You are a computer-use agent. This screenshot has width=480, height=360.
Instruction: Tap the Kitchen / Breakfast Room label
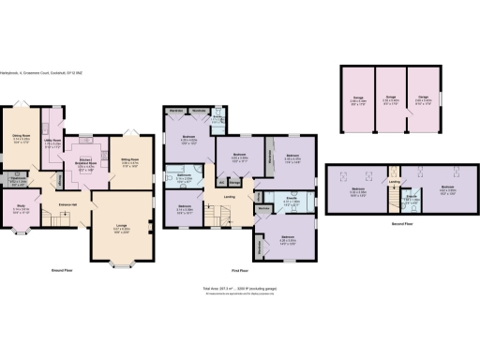(x=84, y=159)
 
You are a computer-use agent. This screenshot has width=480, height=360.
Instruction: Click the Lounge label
(x=122, y=226)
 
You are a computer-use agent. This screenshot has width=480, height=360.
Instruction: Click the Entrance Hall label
(x=68, y=204)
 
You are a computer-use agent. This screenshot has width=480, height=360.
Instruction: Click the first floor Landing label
(x=230, y=197)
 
